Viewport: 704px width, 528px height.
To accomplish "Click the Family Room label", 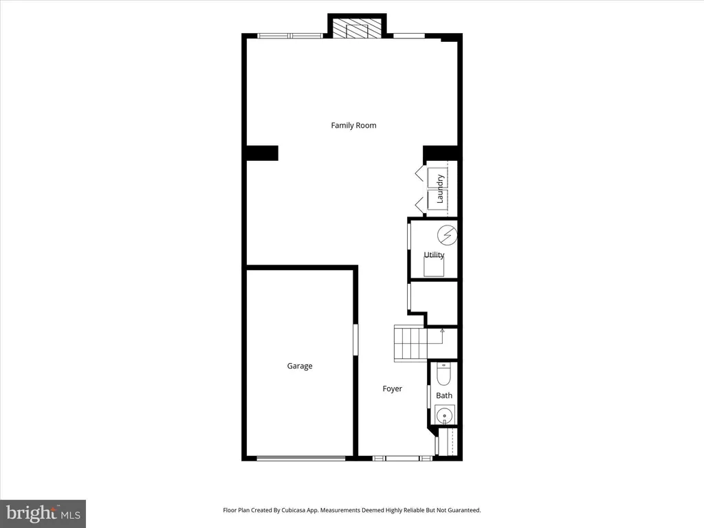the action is [x=353, y=125].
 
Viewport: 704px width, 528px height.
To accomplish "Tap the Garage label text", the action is [x=300, y=366].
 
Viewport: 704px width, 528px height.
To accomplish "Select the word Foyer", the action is [x=392, y=389].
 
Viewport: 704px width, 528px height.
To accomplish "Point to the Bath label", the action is [x=444, y=395].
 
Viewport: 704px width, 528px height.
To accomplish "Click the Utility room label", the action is [x=434, y=254].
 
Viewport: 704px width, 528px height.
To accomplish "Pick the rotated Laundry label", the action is [x=440, y=188].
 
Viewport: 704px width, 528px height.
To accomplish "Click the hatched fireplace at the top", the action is [x=357, y=28].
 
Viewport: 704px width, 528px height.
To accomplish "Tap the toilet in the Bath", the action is [x=443, y=375].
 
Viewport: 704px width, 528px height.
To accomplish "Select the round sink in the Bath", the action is [x=445, y=415].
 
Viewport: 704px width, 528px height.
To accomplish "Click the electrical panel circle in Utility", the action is [x=447, y=235].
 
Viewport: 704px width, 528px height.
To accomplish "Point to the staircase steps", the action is [x=410, y=343].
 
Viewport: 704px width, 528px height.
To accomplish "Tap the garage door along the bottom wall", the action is [x=301, y=459].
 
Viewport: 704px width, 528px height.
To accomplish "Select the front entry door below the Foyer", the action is [x=402, y=459].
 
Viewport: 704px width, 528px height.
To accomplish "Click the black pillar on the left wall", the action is [x=262, y=153].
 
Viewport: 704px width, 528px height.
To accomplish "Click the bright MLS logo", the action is [x=43, y=514].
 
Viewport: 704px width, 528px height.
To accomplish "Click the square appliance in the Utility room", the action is [x=434, y=267].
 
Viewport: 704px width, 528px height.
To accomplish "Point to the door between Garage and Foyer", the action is [x=355, y=340].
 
